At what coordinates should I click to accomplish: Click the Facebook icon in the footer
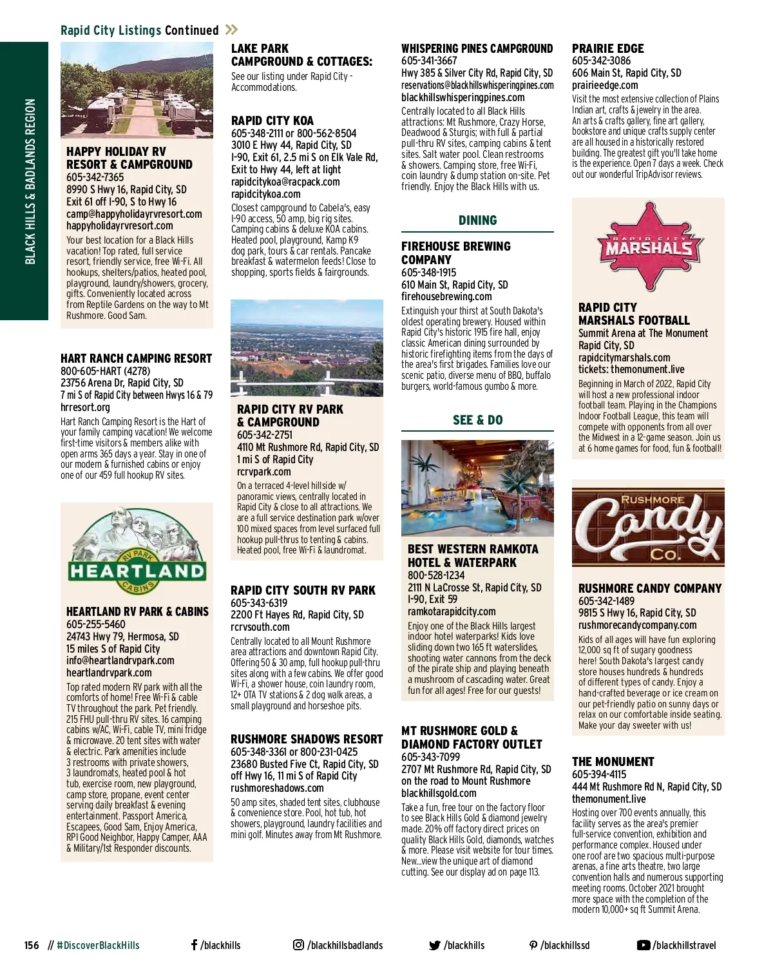pyautogui.click(x=194, y=945)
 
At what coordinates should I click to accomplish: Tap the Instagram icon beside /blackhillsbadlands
pyautogui.click(x=298, y=945)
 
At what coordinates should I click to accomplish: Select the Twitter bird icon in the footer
pyautogui.click(x=435, y=946)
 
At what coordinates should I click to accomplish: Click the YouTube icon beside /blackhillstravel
pyautogui.click(x=643, y=945)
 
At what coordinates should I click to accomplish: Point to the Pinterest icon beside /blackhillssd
pyautogui.click(x=533, y=945)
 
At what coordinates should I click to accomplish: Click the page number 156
pyautogui.click(x=32, y=946)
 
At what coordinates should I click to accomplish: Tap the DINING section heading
pyautogui.click(x=477, y=220)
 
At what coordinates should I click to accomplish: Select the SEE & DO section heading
pyautogui.click(x=477, y=420)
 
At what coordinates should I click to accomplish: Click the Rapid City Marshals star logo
pyautogui.click(x=647, y=247)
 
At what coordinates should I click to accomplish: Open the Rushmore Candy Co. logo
pyautogui.click(x=648, y=527)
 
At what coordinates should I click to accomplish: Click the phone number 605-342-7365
pyautogui.click(x=95, y=177)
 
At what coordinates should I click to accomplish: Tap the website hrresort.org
pyautogui.click(x=85, y=407)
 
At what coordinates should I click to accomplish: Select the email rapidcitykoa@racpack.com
pyautogui.click(x=285, y=182)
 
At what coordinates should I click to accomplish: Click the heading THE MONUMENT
pyautogui.click(x=613, y=761)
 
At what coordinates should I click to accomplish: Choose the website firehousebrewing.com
pyautogui.click(x=446, y=296)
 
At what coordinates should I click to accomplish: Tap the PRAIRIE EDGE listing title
pyautogui.click(x=607, y=48)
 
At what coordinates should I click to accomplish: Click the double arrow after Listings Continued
pyautogui.click(x=232, y=30)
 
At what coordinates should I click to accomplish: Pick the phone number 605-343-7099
pyautogui.click(x=430, y=757)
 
